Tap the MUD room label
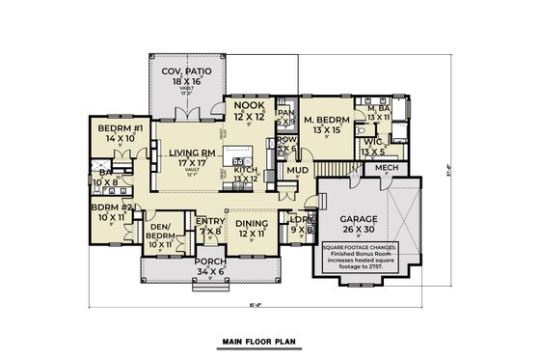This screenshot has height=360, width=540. (297, 171)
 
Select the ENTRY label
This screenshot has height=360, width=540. (211, 222)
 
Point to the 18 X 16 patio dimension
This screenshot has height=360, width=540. (187, 84)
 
